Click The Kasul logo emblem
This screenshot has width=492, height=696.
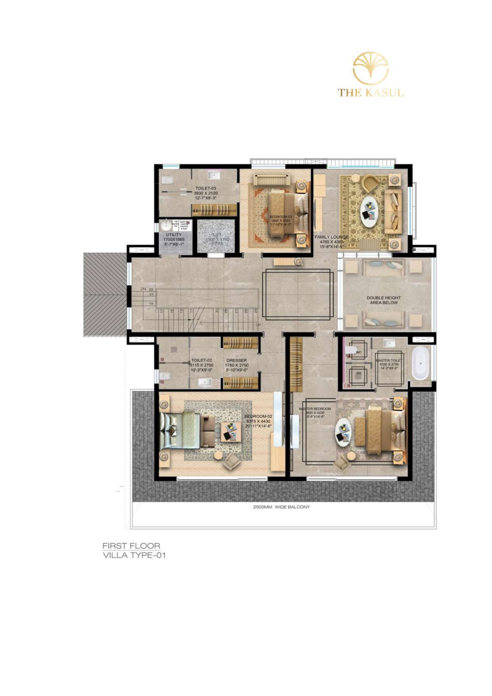pyautogui.click(x=371, y=68)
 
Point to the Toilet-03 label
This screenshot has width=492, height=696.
pyautogui.click(x=206, y=188)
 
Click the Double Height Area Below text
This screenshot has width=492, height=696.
pyautogui.click(x=383, y=300)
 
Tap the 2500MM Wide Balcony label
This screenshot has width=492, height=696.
pyautogui.click(x=281, y=507)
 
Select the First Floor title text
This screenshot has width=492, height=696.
pyautogui.click(x=131, y=546)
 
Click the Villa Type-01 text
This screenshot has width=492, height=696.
pyautogui.click(x=134, y=555)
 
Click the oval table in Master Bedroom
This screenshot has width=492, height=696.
pyautogui.click(x=343, y=432)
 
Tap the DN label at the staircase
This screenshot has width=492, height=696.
pyautogui.click(x=143, y=288)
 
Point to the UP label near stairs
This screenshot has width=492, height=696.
pyautogui.click(x=258, y=325)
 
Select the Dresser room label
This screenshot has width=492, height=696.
pyautogui.click(x=236, y=360)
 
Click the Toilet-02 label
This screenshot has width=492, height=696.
pyautogui.click(x=202, y=360)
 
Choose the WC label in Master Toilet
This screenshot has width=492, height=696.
pyautogui.click(x=359, y=352)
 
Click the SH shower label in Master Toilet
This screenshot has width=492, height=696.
pyautogui.click(x=359, y=373)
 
